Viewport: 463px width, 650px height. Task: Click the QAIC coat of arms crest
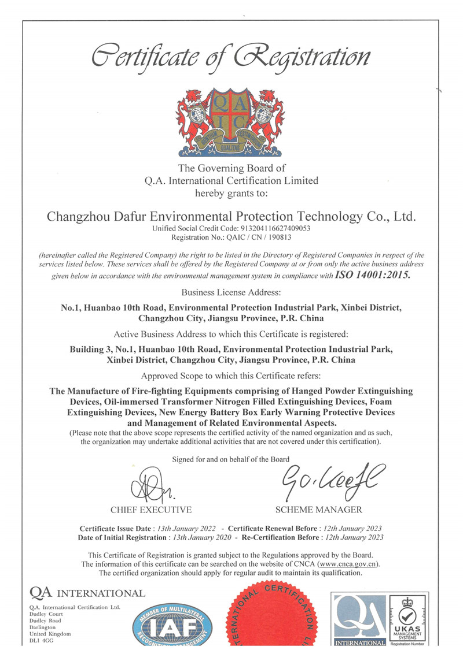[231, 121]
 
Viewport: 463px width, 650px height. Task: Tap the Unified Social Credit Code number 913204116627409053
[271, 229]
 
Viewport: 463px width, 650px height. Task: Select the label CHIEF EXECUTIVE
[151, 510]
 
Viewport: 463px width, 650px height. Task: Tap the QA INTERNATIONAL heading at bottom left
[87, 593]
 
